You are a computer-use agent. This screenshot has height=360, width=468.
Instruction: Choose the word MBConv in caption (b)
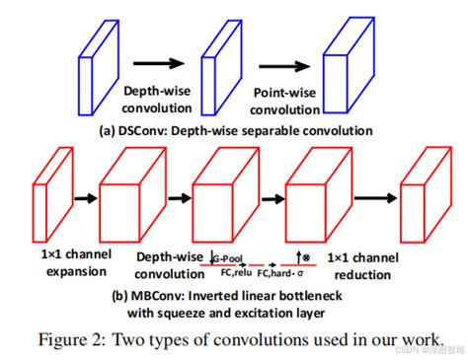tap(142, 293)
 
